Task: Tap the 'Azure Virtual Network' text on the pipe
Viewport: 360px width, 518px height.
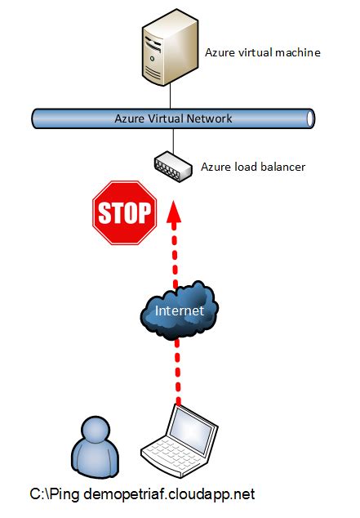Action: pos(173,118)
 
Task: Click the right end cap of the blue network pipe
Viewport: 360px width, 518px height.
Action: pos(310,118)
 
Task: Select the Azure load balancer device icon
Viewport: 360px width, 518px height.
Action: pos(172,166)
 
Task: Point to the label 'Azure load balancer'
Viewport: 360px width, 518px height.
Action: pos(253,167)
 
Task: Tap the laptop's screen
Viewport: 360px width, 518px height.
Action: pos(187,428)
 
